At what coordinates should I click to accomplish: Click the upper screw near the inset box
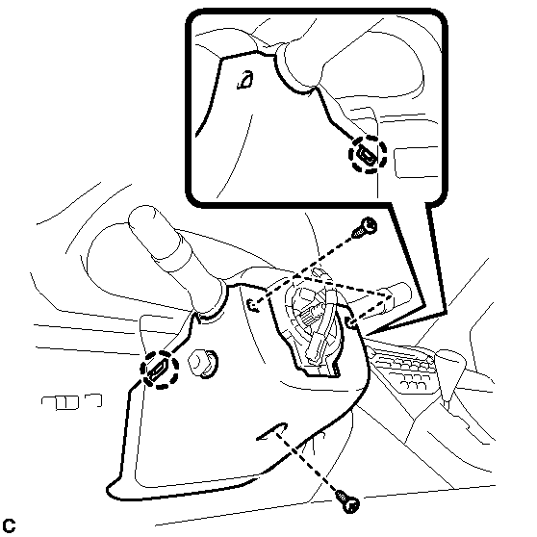pos(365,227)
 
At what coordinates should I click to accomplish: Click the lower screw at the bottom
pos(347,501)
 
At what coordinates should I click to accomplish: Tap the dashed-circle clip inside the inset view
pos(368,154)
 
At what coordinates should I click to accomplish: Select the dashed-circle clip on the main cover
pos(159,370)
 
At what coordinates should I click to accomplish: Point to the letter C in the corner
pos(9,525)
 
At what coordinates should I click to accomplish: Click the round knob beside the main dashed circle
pos(203,364)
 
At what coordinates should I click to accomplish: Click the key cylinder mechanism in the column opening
pos(314,329)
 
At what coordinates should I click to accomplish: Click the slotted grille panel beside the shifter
pos(404,369)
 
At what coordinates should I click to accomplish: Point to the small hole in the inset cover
pos(245,80)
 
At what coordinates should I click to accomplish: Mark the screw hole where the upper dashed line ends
pos(253,305)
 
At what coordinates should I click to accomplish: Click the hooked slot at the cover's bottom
pos(272,432)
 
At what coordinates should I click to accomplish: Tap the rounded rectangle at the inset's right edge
pos(416,163)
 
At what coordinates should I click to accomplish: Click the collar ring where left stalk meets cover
pos(211,301)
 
